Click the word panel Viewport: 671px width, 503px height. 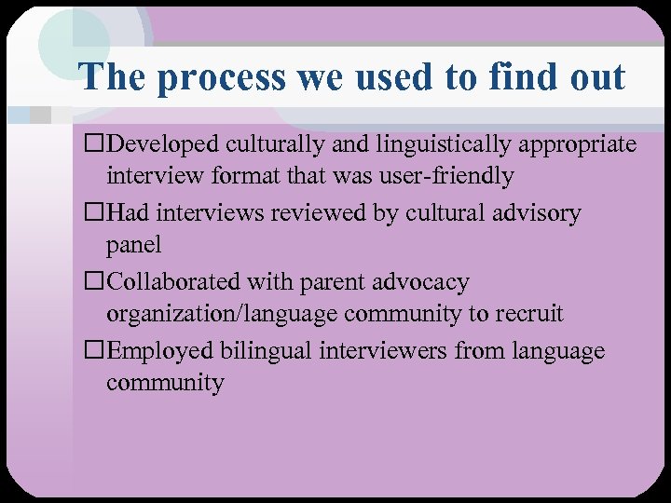(x=133, y=245)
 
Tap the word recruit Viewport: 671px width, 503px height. (x=528, y=314)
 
